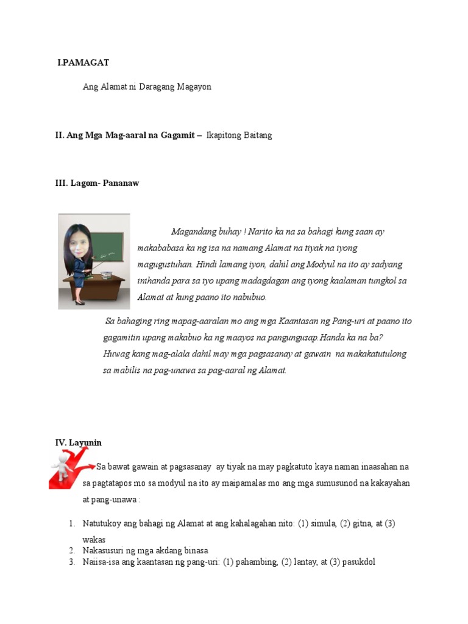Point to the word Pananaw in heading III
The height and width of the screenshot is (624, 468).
pos(122,183)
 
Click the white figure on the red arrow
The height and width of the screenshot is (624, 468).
pos(62,469)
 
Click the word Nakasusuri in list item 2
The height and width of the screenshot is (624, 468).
pos(104,550)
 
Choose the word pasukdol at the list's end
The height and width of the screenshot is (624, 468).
pos(358,561)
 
